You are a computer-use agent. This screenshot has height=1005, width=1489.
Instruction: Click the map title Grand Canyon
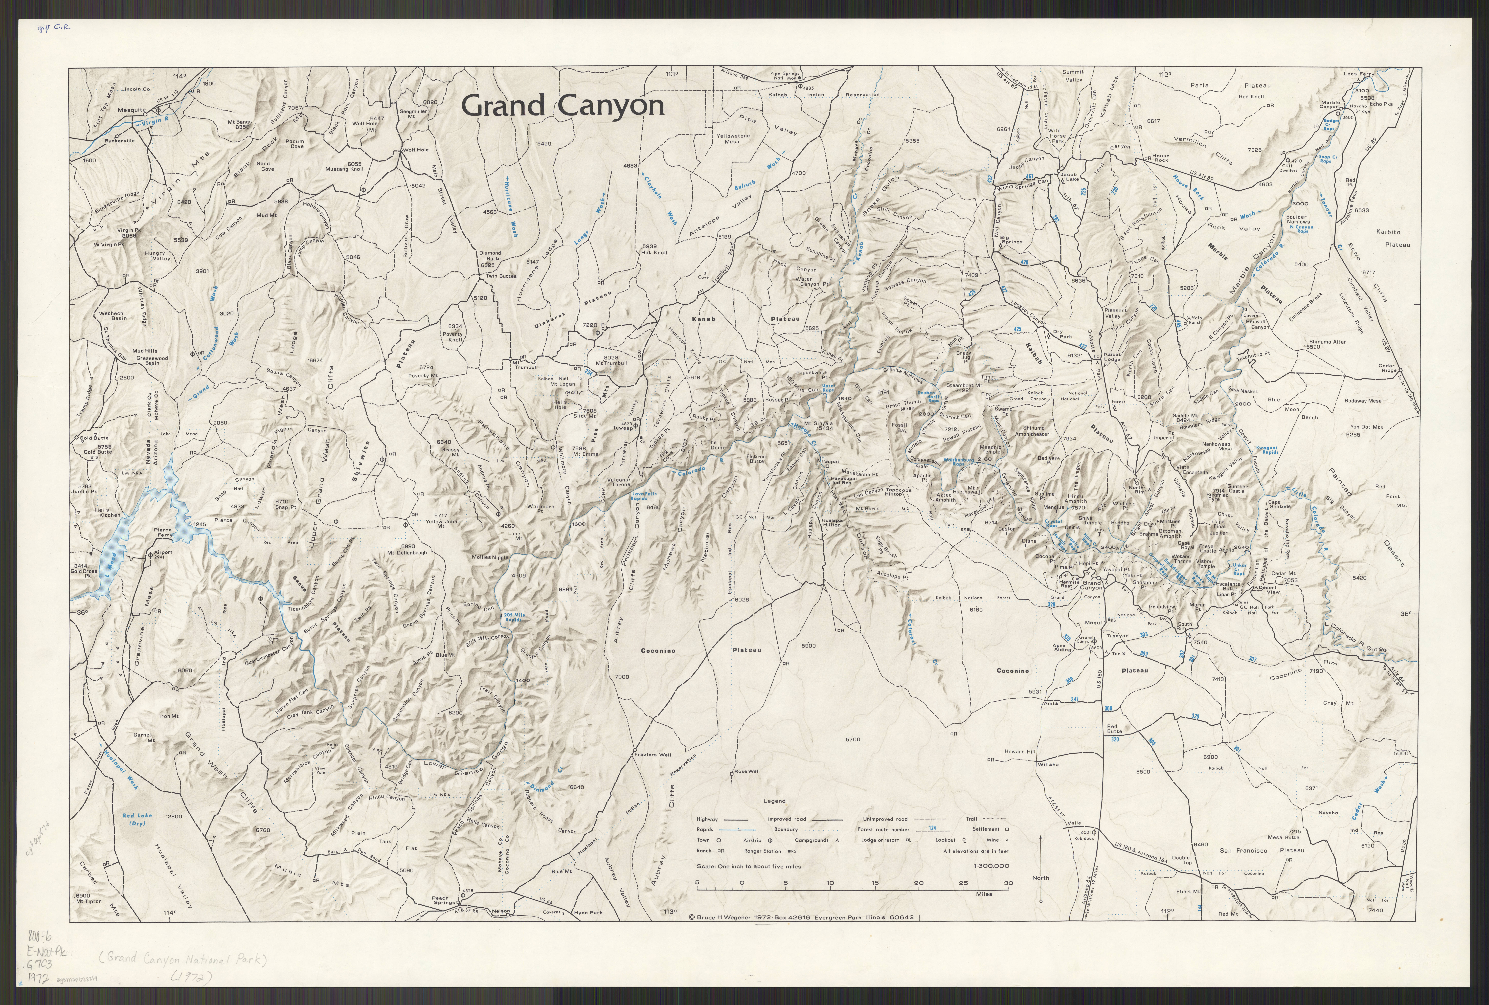pos(563,106)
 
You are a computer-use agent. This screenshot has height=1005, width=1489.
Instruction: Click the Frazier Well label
pos(653,755)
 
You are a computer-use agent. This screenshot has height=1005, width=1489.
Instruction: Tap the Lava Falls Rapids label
pos(644,496)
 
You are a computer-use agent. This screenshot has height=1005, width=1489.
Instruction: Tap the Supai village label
pos(831,461)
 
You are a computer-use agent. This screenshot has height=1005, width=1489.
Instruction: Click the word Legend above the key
pos(774,801)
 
